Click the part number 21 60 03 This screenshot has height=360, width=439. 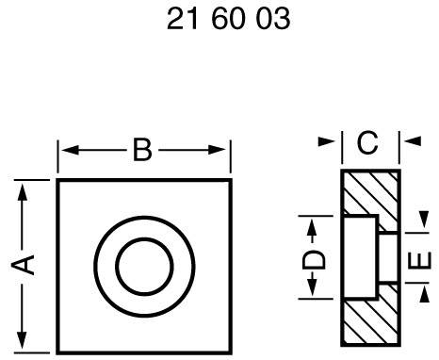[227, 20]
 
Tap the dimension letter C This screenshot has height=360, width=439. [368, 143]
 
